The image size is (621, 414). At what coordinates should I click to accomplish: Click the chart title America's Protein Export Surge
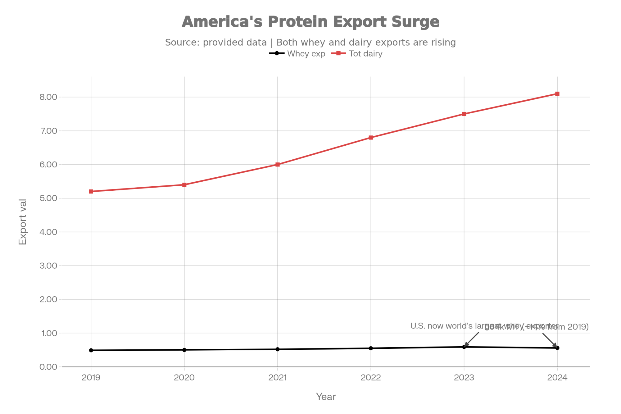click(310, 22)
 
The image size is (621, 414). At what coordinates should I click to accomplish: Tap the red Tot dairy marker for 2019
click(91, 192)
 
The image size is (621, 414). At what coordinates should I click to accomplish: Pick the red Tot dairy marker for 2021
click(278, 165)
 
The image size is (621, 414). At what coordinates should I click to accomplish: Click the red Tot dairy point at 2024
click(557, 94)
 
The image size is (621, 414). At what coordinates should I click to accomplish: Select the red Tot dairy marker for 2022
click(371, 138)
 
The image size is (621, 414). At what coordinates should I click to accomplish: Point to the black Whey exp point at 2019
click(91, 350)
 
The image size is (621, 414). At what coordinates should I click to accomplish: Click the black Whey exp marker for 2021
click(278, 349)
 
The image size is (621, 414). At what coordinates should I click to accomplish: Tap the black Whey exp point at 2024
click(557, 348)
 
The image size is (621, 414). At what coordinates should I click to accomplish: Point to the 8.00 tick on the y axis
click(48, 97)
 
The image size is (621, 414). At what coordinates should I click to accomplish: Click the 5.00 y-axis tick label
click(48, 198)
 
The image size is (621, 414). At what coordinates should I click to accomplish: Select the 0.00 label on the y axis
click(48, 367)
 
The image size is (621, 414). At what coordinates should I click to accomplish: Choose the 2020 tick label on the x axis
click(184, 378)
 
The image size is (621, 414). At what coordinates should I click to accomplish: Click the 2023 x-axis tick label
click(464, 378)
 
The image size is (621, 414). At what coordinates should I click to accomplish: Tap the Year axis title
click(326, 397)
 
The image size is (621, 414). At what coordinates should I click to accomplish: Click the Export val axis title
click(23, 222)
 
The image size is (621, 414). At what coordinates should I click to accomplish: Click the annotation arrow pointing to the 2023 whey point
click(472, 339)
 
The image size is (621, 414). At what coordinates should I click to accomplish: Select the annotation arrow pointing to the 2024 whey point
click(549, 340)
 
